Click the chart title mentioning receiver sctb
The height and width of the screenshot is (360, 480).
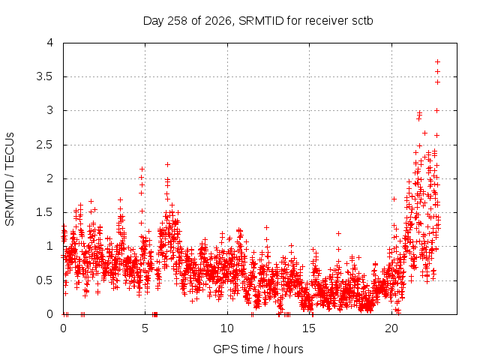pyautogui.click(x=258, y=21)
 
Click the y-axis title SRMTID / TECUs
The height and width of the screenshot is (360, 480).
pyautogui.click(x=10, y=179)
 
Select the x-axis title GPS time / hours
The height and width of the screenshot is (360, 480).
pyautogui.click(x=258, y=349)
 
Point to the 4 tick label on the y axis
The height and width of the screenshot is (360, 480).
pyautogui.click(x=50, y=43)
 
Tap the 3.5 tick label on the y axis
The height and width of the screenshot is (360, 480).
pyautogui.click(x=45, y=76)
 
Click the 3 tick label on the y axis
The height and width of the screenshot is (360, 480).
pyautogui.click(x=50, y=110)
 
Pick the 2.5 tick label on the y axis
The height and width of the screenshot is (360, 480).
pyautogui.click(x=45, y=145)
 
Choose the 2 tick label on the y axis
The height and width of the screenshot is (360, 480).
pyautogui.click(x=50, y=178)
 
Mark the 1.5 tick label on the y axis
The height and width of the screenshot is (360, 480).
pyautogui.click(x=45, y=212)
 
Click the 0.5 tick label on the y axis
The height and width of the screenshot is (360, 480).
pyautogui.click(x=45, y=280)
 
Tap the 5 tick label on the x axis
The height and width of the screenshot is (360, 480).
pyautogui.click(x=145, y=328)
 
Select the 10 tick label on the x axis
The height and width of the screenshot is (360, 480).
pyautogui.click(x=226, y=328)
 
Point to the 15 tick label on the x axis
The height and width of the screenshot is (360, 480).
pyautogui.click(x=309, y=328)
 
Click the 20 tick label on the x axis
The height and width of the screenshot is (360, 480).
pyautogui.click(x=391, y=328)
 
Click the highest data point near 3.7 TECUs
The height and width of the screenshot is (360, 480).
pyautogui.click(x=438, y=62)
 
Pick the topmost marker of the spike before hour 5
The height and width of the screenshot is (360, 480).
pyautogui.click(x=142, y=169)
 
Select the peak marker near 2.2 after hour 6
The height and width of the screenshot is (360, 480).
pyautogui.click(x=167, y=165)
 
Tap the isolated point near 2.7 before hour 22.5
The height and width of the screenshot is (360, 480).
pyautogui.click(x=424, y=133)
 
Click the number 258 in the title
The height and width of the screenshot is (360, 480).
pyautogui.click(x=178, y=21)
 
